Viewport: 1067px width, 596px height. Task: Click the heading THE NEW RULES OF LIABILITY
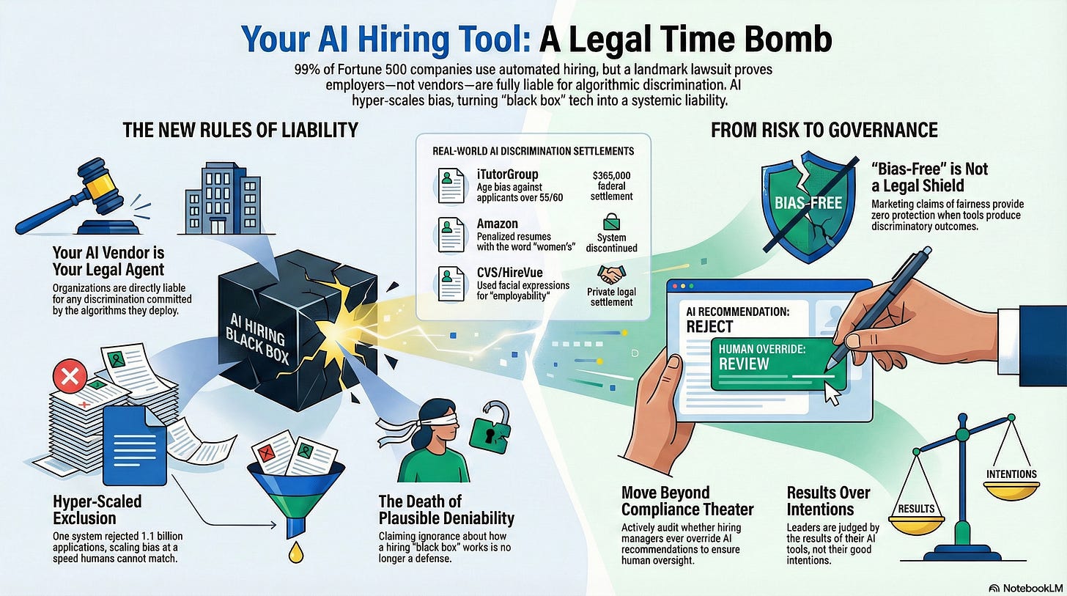tap(240, 130)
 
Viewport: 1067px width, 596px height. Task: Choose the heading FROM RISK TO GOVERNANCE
tap(824, 130)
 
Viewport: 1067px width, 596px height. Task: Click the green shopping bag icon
tap(611, 221)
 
